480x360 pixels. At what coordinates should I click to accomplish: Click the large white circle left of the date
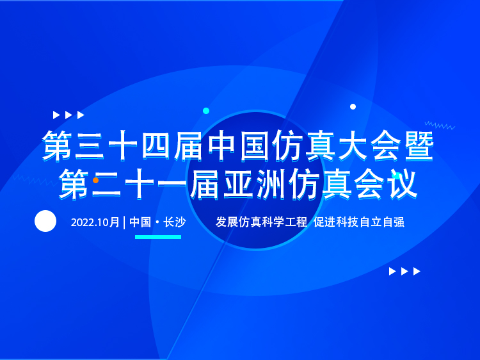pyautogui.click(x=45, y=221)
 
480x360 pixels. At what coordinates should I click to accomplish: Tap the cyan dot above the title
pyautogui.click(x=206, y=111)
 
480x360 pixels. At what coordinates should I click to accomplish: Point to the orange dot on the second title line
pyautogui.click(x=95, y=180)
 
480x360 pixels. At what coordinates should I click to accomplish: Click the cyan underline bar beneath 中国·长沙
pyautogui.click(x=158, y=237)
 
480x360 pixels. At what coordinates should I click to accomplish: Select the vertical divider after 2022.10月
pyautogui.click(x=124, y=222)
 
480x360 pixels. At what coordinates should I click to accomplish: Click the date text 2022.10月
pyautogui.click(x=95, y=222)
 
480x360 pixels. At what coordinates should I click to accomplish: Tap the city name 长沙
pyautogui.click(x=175, y=222)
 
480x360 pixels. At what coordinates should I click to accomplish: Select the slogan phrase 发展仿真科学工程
pyautogui.click(x=261, y=222)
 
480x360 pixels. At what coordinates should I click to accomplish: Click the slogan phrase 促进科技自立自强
pyautogui.click(x=359, y=222)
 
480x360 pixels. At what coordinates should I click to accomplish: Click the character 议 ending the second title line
pyautogui.click(x=403, y=184)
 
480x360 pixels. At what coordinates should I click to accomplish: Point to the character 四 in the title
pyautogui.click(x=156, y=146)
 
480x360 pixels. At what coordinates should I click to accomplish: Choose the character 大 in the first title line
pyautogui.click(x=353, y=146)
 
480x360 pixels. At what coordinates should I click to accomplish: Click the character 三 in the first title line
pyautogui.click(x=90, y=146)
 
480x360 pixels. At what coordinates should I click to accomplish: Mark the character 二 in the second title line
pyautogui.click(x=106, y=184)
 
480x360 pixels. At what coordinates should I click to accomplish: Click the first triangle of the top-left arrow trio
pyautogui.click(x=56, y=115)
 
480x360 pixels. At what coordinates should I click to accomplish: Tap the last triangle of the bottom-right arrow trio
pyautogui.click(x=417, y=271)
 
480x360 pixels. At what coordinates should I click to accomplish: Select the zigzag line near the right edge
pyautogui.click(x=440, y=126)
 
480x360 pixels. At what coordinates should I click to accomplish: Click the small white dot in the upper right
pyautogui.click(x=353, y=106)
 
